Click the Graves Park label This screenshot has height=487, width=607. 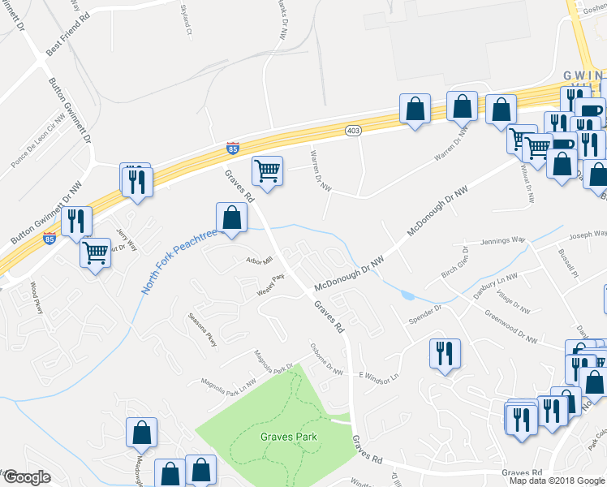288,437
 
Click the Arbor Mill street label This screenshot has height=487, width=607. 260,261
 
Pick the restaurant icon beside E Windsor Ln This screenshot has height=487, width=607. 445,353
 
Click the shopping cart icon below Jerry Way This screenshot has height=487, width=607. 96,253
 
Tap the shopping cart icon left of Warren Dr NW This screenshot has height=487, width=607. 267,170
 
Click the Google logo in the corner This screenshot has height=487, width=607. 26,477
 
